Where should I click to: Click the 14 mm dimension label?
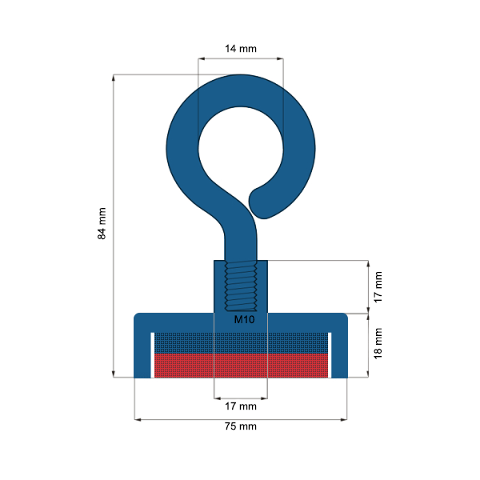(240, 49)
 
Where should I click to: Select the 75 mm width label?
(240, 426)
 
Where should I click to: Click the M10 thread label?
(244, 319)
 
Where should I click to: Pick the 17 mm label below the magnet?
(240, 406)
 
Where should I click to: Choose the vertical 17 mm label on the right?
(379, 286)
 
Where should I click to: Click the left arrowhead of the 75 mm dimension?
(138, 418)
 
